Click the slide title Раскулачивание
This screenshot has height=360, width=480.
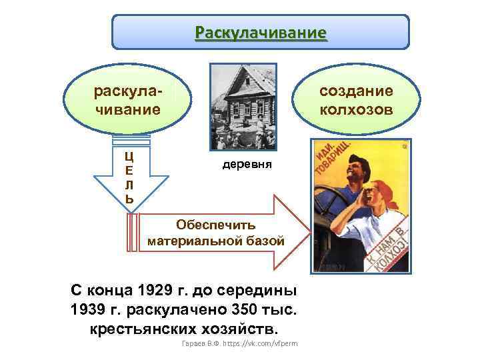[x=261, y=33]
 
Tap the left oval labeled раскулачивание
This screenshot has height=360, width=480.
[x=128, y=100]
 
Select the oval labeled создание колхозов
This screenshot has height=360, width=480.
[x=356, y=100]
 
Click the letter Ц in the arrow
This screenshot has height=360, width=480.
[x=129, y=157]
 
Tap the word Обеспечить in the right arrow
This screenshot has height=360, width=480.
[x=215, y=225]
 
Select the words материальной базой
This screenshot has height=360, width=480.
[x=216, y=241]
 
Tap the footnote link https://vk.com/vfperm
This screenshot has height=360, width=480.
[x=263, y=343]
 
